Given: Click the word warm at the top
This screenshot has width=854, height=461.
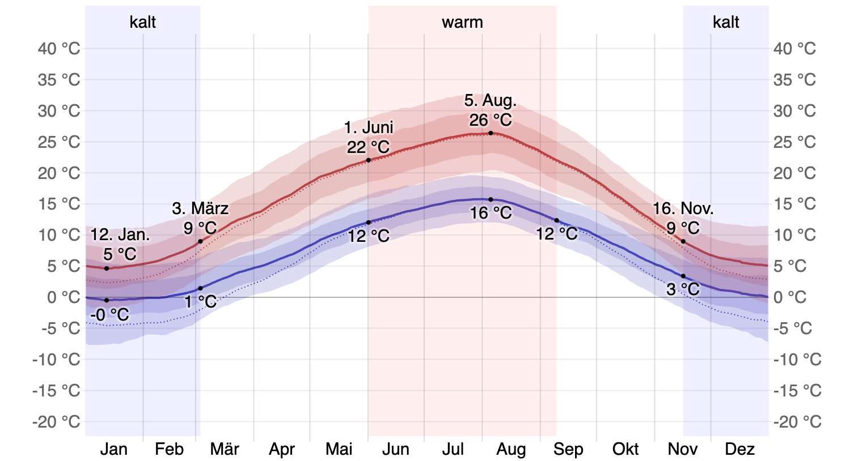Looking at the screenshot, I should (462, 23).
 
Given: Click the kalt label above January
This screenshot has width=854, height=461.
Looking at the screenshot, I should (143, 23).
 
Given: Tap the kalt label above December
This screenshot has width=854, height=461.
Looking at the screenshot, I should (726, 23).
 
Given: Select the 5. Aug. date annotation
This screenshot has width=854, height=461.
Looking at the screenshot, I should (491, 101).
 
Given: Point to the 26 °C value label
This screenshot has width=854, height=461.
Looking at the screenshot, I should (491, 120).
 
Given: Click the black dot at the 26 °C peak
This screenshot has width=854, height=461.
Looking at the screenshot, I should (491, 133).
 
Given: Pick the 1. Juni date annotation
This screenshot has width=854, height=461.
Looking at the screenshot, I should (369, 127).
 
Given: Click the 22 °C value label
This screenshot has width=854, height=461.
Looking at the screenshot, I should (369, 147).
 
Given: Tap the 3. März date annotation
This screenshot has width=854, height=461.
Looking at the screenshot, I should (200, 208).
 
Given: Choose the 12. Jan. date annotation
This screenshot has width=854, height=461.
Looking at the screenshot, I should (120, 235).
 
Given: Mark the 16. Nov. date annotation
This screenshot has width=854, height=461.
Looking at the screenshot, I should (683, 208).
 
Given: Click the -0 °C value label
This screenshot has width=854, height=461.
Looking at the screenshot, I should (109, 315).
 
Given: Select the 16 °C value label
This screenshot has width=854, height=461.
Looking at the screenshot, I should (491, 214).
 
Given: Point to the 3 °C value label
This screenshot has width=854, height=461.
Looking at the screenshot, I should (683, 289).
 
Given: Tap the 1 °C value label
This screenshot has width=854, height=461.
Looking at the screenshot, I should (201, 302).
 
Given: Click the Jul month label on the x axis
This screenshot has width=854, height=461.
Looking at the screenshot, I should (453, 449).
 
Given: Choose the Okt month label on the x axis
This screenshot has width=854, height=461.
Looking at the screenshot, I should (625, 449).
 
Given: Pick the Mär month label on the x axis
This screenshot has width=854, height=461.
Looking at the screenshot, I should (225, 449).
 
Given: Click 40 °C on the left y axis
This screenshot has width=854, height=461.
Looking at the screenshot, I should (59, 49).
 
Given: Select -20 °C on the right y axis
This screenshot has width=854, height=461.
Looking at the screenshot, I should (797, 422).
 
